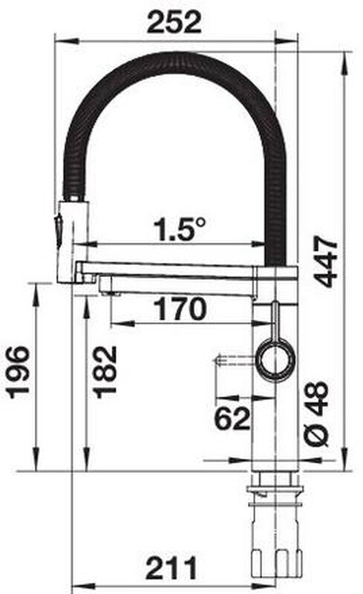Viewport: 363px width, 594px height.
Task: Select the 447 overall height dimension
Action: pos(326,261)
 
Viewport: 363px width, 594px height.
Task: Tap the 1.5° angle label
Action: pos(179,230)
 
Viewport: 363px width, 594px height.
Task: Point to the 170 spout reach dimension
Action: pos(180,309)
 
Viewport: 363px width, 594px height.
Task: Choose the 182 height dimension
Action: pos(105,372)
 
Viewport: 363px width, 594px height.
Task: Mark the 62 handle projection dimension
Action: pos(232,418)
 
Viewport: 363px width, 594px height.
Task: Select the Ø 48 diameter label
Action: pos(317,414)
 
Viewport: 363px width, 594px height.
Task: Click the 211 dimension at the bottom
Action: pos(171,567)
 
